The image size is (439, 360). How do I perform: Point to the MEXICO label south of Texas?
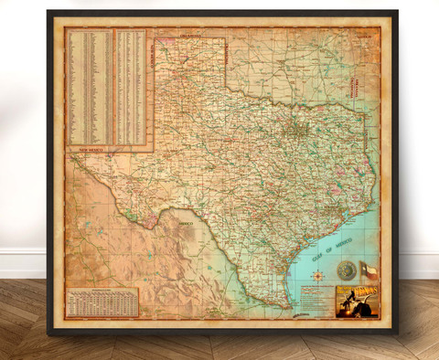click(187, 222)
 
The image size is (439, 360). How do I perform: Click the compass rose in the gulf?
click(345, 270)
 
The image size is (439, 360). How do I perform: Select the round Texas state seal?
click(345, 270)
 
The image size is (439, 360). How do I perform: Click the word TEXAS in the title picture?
click(359, 294)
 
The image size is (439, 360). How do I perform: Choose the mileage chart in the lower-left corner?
click(102, 302)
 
